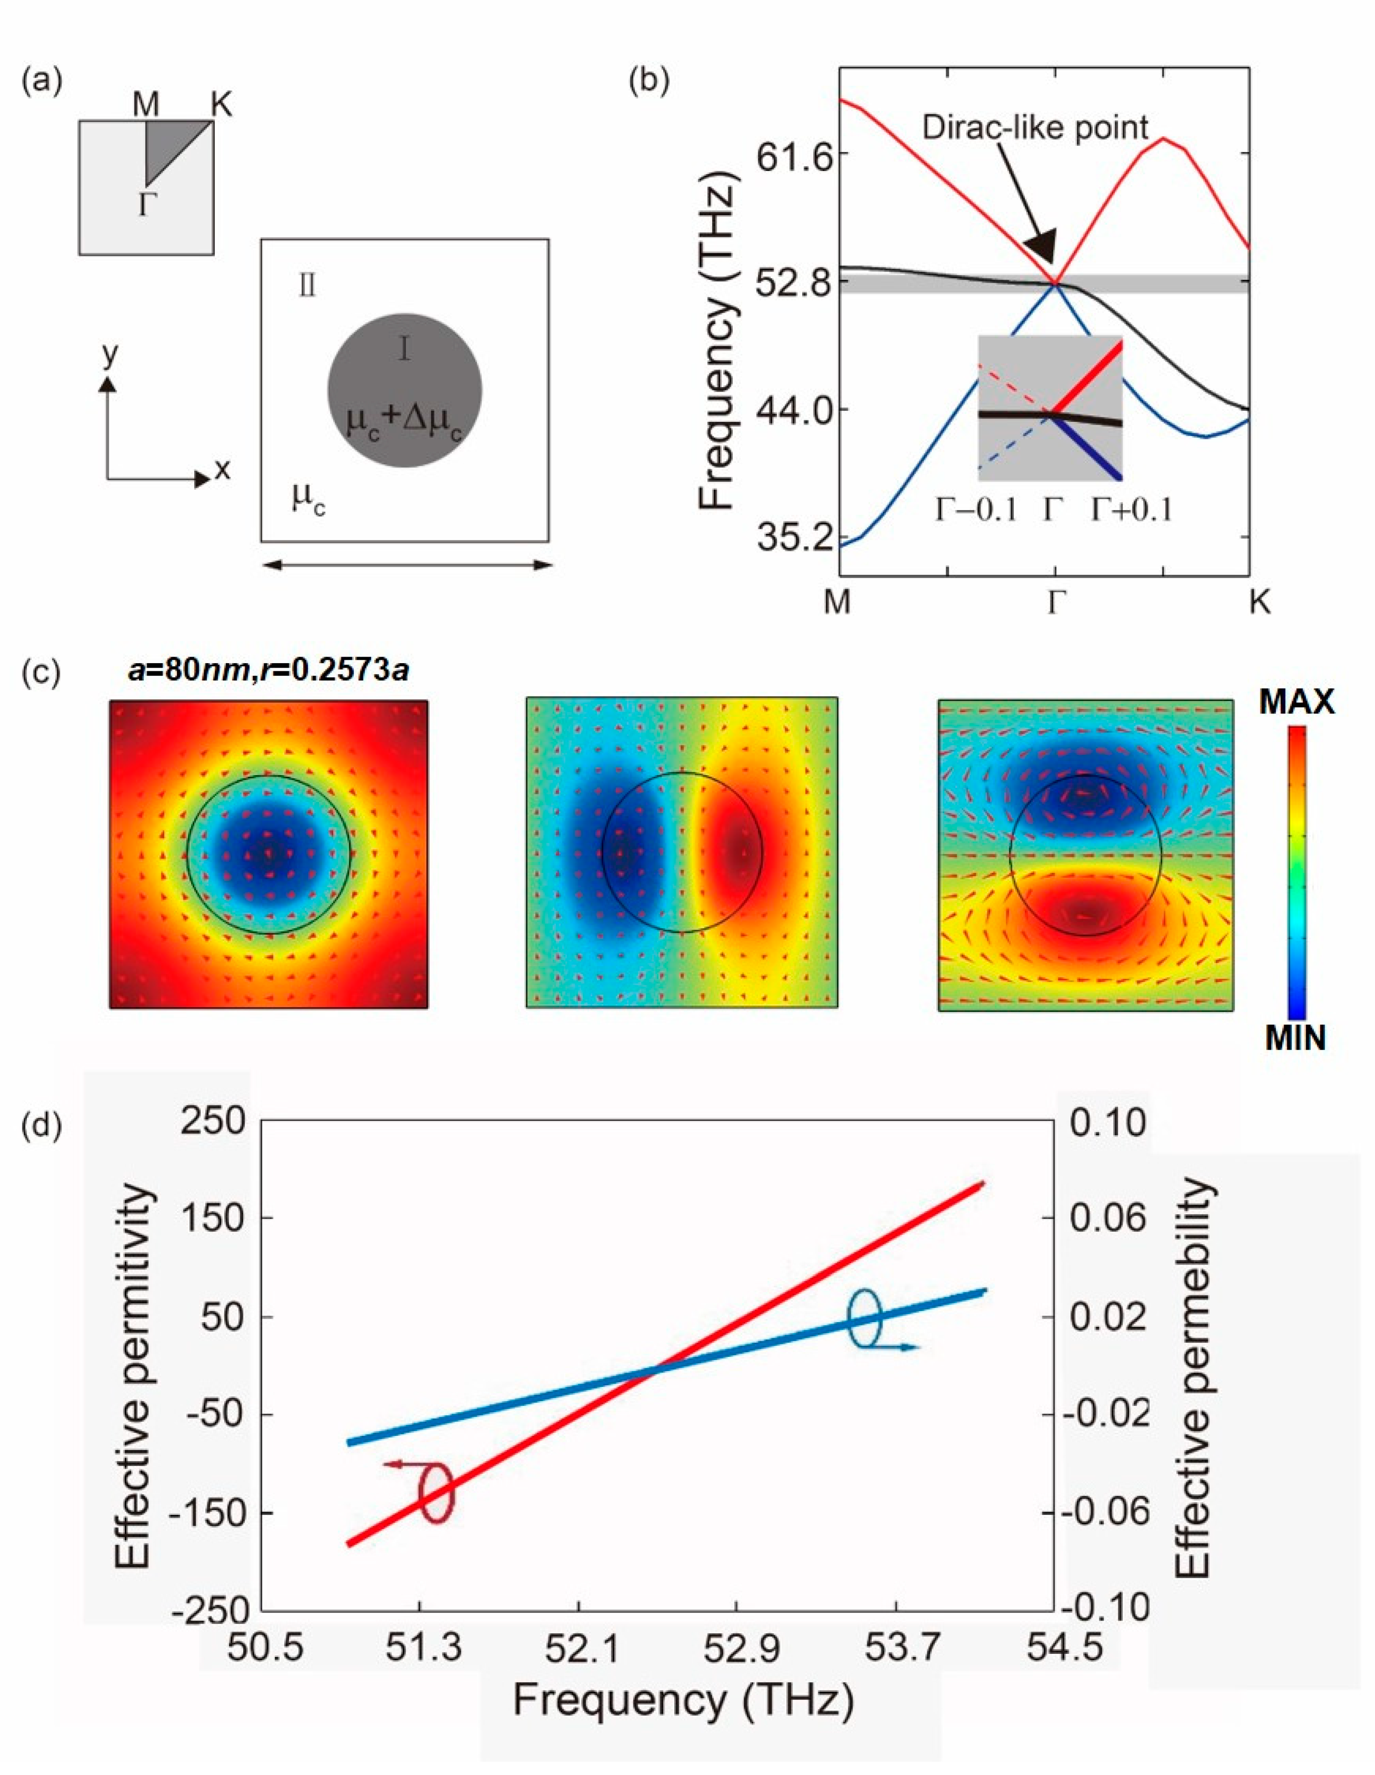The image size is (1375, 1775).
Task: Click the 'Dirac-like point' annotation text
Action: pos(1034,128)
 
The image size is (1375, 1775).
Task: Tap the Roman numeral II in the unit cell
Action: pos(307,287)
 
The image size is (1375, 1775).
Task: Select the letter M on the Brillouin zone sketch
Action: pos(146,105)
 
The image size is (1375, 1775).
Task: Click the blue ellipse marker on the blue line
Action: pos(864,1318)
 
